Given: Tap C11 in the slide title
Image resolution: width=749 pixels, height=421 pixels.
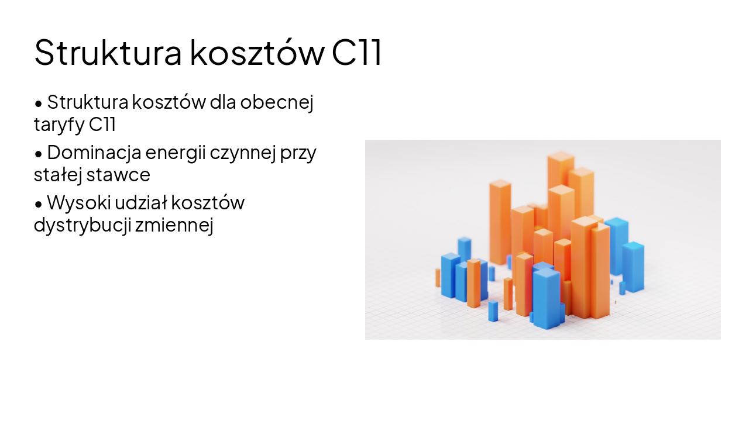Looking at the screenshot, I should pyautogui.click(x=357, y=53).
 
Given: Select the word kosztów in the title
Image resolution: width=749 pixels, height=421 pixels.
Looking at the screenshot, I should pyautogui.click(x=257, y=53).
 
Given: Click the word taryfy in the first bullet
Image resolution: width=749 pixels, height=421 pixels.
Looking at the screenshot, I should pyautogui.click(x=59, y=125).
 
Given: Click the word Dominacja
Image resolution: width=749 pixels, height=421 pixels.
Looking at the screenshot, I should pyautogui.click(x=94, y=153).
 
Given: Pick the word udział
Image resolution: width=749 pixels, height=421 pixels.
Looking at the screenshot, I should pyautogui.click(x=140, y=203).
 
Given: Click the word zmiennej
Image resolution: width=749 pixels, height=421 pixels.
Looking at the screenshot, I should pyautogui.click(x=174, y=225).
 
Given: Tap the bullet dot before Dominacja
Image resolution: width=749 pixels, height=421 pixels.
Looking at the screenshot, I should pyautogui.click(x=39, y=154).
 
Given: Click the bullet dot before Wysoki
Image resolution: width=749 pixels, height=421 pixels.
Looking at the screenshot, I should pyautogui.click(x=39, y=204).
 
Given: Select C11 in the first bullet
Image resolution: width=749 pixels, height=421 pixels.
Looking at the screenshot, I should pyautogui.click(x=103, y=125).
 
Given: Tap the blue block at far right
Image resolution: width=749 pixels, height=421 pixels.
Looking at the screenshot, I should pyautogui.click(x=633, y=266).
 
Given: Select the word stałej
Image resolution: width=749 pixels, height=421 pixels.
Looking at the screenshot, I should pyautogui.click(x=58, y=175).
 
